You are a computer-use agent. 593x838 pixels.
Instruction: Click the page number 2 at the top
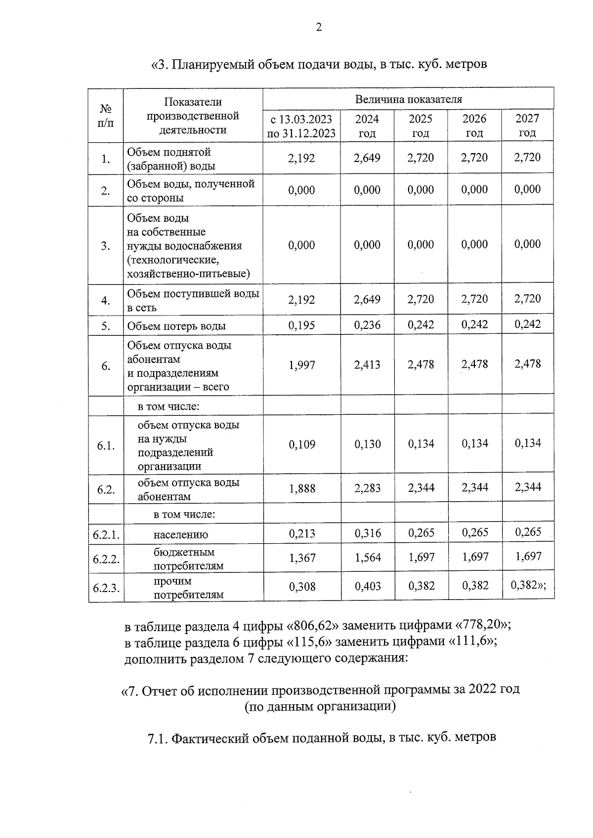coord(318,28)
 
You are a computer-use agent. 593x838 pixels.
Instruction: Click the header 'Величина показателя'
coord(408,99)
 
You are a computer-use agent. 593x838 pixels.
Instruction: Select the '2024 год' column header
coord(367,126)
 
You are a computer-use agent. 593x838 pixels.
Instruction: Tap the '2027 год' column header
coord(527,125)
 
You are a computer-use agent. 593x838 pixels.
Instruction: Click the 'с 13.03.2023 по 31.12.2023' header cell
coord(301,126)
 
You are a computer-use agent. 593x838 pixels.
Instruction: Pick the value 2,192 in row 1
coord(301,158)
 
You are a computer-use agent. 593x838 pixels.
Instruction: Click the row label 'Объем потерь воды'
coord(176,326)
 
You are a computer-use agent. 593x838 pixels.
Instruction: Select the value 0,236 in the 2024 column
coord(367,325)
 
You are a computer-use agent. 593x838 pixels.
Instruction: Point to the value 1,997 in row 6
coord(301,365)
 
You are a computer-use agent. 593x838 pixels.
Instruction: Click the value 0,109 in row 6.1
coord(301,444)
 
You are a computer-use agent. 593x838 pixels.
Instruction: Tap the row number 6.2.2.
coord(106,559)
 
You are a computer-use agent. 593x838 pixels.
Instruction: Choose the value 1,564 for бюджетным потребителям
coord(368,558)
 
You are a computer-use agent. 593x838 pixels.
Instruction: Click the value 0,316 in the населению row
coord(368,533)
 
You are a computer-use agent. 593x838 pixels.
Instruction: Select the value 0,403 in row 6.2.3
coord(368,586)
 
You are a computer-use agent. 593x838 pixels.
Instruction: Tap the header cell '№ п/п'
coord(106,116)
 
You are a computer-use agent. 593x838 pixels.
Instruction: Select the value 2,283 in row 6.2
coord(368,488)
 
